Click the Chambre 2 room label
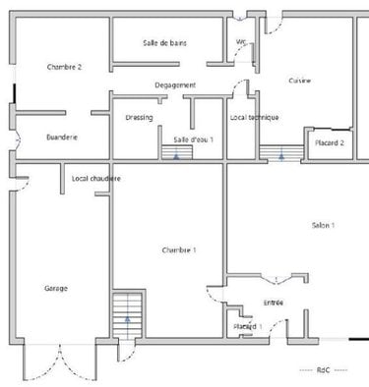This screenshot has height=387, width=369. point(64,66)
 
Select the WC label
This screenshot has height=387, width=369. point(241,41)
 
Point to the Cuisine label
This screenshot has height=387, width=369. point(300,81)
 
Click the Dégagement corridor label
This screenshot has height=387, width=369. point(175,85)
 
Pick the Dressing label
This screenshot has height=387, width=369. point(139,117)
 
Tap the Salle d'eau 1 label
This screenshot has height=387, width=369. point(193,140)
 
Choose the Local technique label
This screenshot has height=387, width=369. point(254,117)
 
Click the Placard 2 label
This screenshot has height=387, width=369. point(329,142)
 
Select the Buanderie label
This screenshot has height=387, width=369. point(62,138)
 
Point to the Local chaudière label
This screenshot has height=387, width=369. point(96,178)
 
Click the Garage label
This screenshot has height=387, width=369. point(56,288)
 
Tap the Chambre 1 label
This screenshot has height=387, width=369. point(179,250)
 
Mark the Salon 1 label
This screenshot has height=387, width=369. point(323,225)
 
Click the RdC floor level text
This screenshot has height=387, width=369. point(324,369)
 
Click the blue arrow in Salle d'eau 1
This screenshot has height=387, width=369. point(177,154)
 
